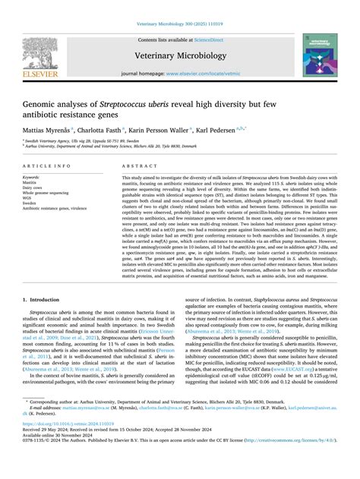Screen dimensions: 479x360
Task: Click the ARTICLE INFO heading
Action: (47, 165)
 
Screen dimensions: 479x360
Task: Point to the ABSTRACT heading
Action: (134, 165)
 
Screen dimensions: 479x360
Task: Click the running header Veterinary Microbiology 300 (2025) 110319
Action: (179, 6)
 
